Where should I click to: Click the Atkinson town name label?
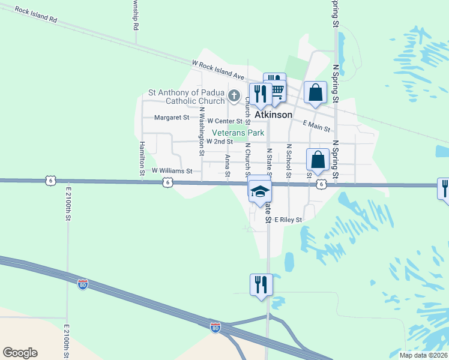click(274, 114)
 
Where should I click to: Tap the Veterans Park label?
click(238, 133)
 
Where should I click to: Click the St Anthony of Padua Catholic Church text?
click(186, 97)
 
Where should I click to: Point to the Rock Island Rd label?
click(36, 15)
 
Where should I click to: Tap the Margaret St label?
click(172, 118)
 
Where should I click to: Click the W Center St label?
click(224, 121)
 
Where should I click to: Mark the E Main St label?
click(317, 125)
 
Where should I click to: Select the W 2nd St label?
click(219, 142)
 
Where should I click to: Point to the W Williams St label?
click(172, 171)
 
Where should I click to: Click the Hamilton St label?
click(142, 158)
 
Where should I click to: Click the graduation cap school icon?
click(260, 190)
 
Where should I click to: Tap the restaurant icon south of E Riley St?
click(261, 284)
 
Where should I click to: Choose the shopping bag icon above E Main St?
click(316, 92)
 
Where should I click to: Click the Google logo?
click(20, 353)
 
